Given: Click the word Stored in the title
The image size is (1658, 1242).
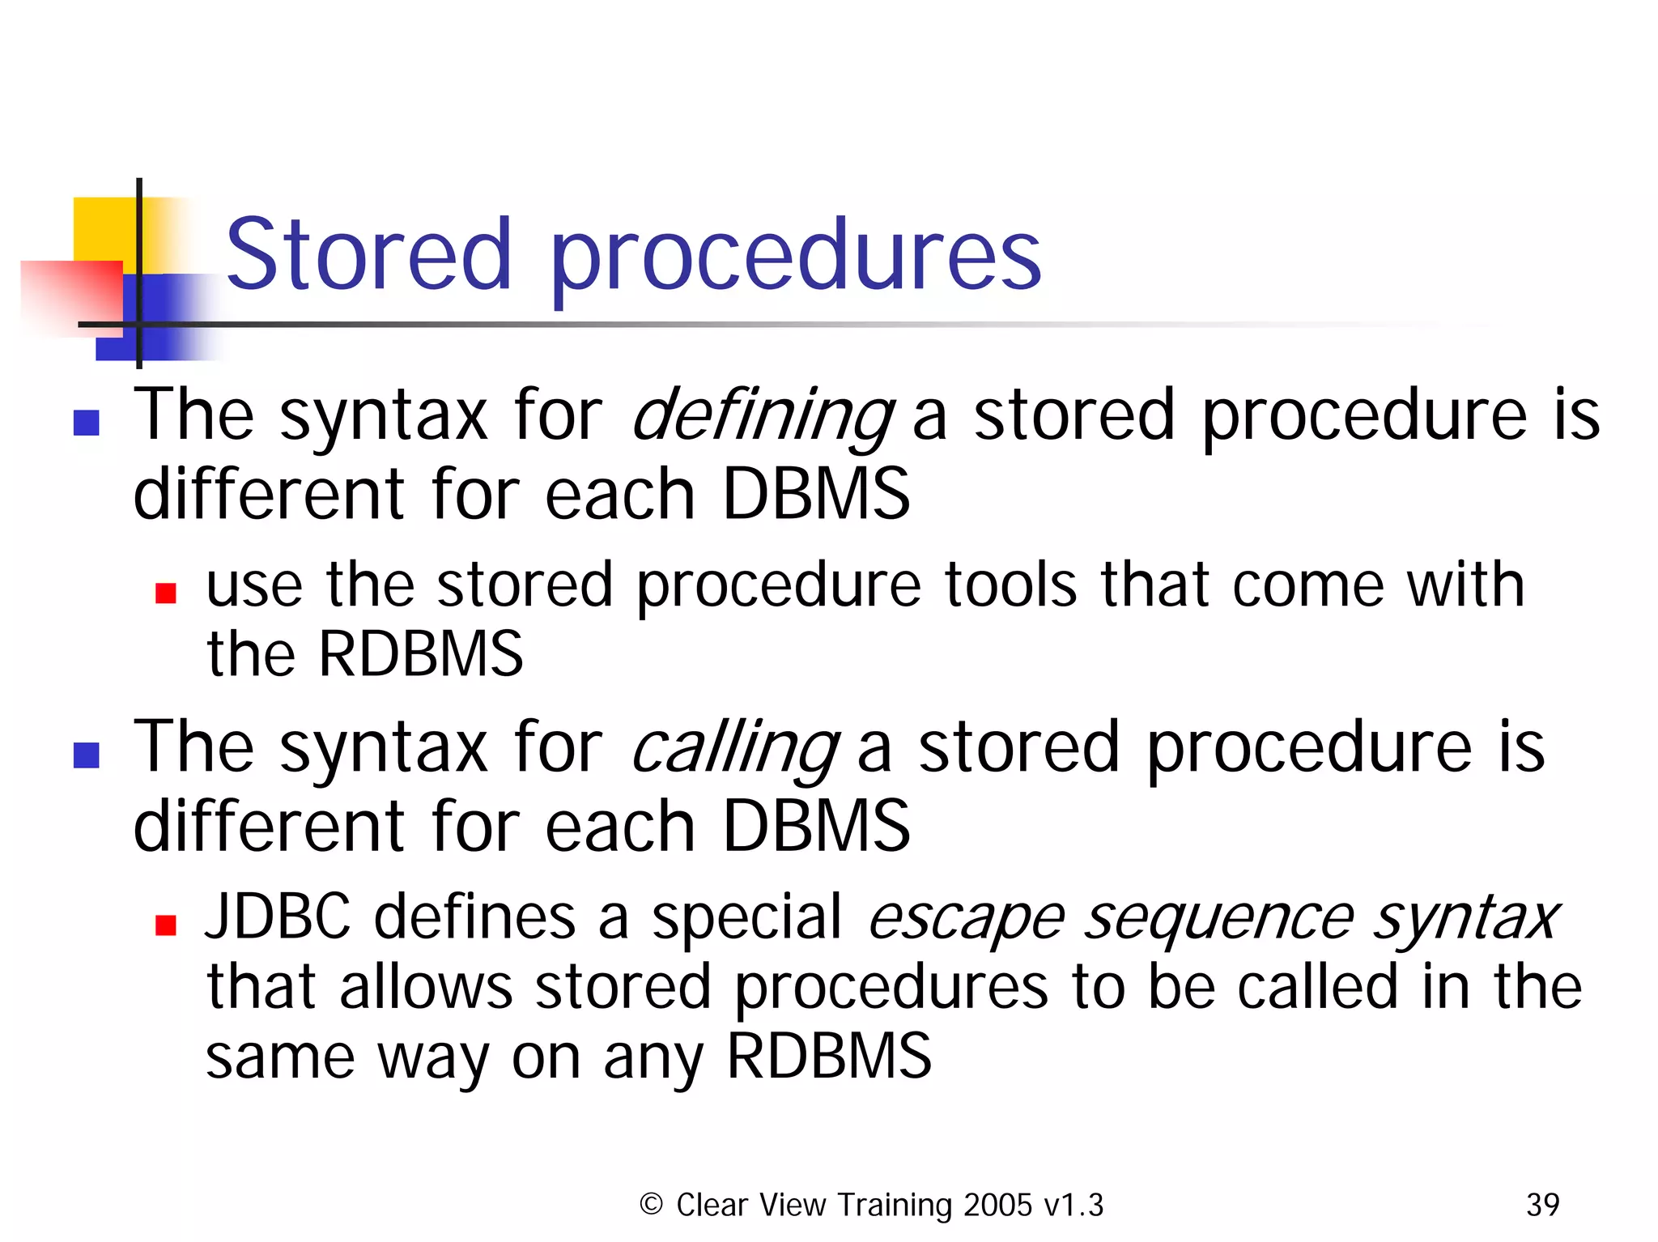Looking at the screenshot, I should [x=368, y=255].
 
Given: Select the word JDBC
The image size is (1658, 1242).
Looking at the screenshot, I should [x=278, y=917].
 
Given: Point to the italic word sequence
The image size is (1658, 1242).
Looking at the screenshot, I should [x=1219, y=919].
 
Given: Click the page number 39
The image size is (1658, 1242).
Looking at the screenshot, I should [x=1542, y=1205].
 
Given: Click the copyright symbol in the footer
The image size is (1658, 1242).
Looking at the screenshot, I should [x=651, y=1205].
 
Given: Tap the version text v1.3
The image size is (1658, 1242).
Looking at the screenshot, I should [x=1073, y=1205].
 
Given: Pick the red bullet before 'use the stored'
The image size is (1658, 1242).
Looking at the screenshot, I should [x=166, y=593].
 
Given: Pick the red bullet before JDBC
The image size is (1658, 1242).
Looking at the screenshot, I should [x=166, y=925].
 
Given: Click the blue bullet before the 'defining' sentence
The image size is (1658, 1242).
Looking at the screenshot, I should [x=87, y=423].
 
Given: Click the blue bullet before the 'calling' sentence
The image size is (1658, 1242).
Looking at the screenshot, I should [x=87, y=755].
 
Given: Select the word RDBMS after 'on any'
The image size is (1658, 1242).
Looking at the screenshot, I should [x=829, y=1056].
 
